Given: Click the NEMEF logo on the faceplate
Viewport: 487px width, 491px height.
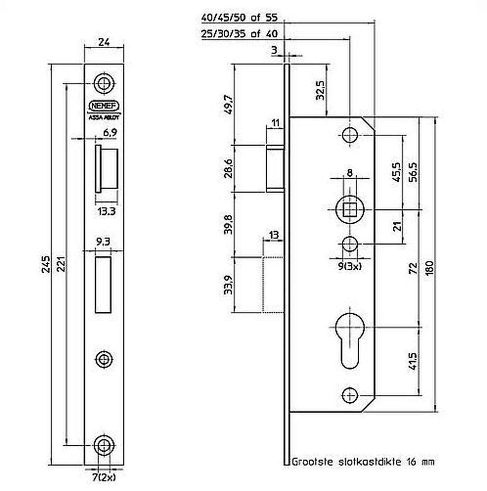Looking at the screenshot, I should pyautogui.click(x=104, y=106).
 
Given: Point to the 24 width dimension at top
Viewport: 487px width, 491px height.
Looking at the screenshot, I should pyautogui.click(x=104, y=41).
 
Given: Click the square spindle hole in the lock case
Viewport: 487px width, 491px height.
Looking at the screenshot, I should pyautogui.click(x=349, y=210).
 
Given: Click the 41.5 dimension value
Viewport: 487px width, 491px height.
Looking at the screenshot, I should pyautogui.click(x=413, y=360).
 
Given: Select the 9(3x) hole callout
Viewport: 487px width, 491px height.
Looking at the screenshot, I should pyautogui.click(x=349, y=266).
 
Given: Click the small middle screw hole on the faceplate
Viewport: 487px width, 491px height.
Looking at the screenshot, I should pyautogui.click(x=104, y=359).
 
